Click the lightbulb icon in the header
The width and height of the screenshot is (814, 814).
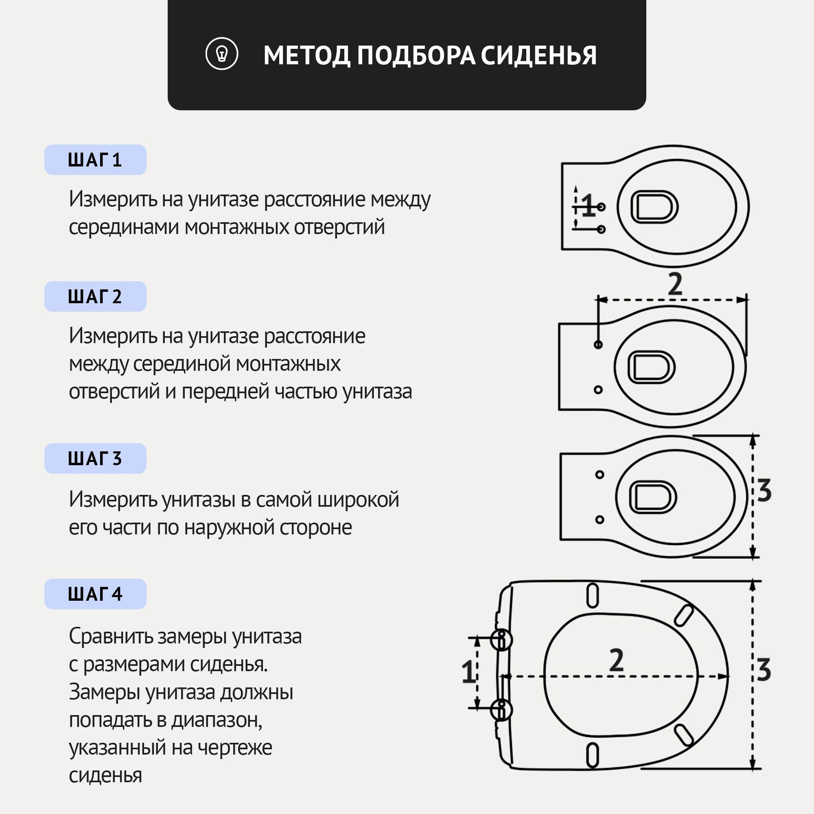(x=222, y=54)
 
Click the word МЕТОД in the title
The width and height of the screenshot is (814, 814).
(x=307, y=56)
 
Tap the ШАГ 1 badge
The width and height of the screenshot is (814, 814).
(x=95, y=160)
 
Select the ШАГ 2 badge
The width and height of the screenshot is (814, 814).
(x=95, y=297)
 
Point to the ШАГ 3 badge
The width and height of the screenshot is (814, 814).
(x=95, y=458)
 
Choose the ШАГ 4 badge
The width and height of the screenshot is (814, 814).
(x=95, y=594)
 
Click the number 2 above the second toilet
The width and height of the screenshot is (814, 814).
(x=675, y=284)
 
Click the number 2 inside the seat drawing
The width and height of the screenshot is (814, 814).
(x=616, y=660)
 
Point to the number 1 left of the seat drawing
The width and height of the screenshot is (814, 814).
(x=468, y=672)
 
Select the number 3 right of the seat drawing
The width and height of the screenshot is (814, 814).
(x=764, y=670)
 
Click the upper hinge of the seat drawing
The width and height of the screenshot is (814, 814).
(x=502, y=639)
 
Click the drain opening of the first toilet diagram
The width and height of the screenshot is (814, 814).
(x=654, y=207)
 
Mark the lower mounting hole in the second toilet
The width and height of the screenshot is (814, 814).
(x=598, y=390)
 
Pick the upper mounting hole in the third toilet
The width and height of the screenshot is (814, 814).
(x=600, y=475)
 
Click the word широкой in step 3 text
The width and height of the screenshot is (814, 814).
(x=358, y=500)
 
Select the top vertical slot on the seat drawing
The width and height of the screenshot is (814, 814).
(x=592, y=596)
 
